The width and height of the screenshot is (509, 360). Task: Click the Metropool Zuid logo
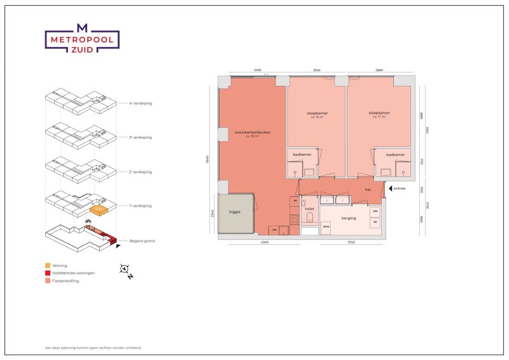(81, 39)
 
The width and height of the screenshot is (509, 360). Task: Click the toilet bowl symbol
(310, 218)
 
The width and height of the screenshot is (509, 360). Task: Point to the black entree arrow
(388, 188)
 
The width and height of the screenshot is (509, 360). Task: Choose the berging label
(349, 218)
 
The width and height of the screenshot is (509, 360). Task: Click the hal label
(368, 189)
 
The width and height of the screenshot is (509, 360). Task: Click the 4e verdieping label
(141, 102)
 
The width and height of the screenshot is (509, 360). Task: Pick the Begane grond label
(143, 241)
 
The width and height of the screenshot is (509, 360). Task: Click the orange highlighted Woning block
(97, 209)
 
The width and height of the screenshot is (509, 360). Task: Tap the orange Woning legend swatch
(48, 265)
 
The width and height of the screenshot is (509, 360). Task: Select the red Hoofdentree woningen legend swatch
(48, 273)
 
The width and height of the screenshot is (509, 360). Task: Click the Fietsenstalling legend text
(66, 280)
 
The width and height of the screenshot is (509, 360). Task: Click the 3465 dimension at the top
(258, 69)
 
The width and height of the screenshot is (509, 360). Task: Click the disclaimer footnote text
(93, 348)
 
